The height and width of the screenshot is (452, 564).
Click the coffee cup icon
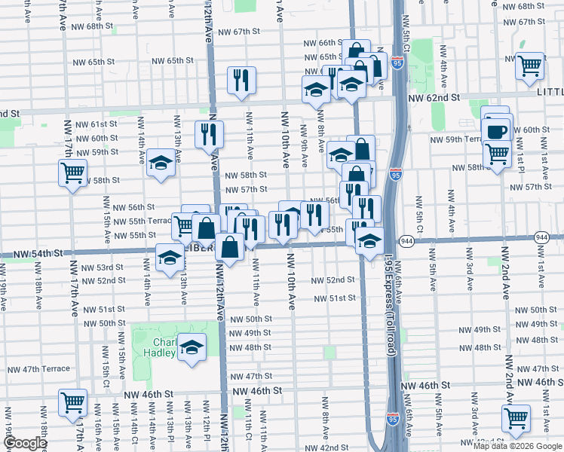coord(497,131)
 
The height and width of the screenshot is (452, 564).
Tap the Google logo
coord(25,443)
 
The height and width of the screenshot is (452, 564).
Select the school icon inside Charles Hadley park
coord(192,349)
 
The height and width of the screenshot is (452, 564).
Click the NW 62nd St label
coord(434,98)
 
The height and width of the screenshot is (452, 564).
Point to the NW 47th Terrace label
coord(38,369)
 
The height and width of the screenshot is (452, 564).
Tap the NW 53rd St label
coord(103,267)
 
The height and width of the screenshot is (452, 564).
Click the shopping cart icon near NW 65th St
coord(529,65)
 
